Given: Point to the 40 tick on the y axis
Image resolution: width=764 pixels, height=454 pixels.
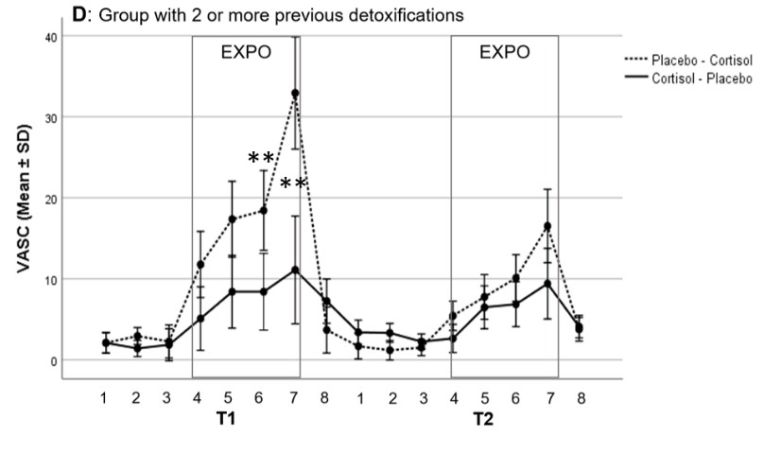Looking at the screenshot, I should pos(50,37).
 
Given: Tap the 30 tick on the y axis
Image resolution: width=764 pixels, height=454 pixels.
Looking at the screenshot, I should pos(50,117).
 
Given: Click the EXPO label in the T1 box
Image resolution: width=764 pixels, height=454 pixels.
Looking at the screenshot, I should pos(246,53).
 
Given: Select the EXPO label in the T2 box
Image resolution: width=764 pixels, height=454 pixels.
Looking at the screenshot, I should pos(504,53).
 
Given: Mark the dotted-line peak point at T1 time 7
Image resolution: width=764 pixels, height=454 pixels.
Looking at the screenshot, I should pos(295,94).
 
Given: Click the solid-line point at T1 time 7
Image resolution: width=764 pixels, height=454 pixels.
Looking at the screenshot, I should pos(295,271).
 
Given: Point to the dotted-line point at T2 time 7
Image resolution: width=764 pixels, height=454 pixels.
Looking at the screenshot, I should pos(547,226).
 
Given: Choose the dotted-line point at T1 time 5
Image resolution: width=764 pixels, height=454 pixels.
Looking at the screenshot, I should pos(232,219).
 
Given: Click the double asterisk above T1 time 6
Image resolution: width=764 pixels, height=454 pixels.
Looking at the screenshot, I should pos(262,157).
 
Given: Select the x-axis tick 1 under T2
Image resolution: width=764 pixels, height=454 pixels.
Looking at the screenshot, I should pos(359,398).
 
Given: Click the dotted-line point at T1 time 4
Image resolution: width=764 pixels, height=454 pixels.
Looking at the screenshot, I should pos(200,265).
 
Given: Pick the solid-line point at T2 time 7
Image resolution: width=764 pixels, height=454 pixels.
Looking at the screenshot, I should pos(547,284).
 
